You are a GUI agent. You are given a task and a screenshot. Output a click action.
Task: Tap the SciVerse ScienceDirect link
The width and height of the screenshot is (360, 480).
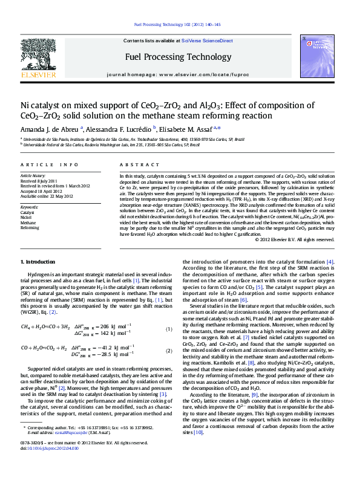pos(209,41)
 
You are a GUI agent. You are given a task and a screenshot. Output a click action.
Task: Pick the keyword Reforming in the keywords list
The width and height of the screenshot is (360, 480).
pos(30,228)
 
